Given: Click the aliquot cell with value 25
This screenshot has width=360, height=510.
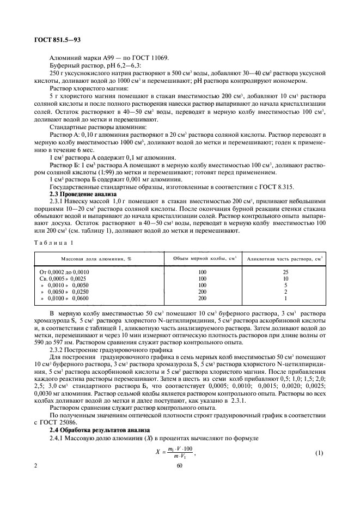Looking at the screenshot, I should click(285, 271).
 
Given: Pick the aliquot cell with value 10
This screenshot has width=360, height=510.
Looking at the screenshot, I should click(285, 278).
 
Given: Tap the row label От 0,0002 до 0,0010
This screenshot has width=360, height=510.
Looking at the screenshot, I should click(64, 271).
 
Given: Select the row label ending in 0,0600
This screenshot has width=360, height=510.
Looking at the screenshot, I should click(64, 299).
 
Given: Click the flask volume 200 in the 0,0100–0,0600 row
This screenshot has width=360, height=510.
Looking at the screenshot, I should click(202, 299).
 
